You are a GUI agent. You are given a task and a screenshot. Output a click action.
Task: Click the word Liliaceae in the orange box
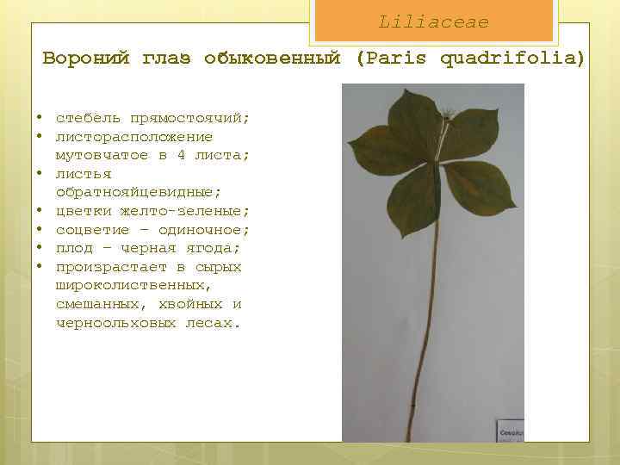[433, 22]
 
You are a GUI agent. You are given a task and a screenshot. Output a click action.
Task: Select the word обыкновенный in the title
[273, 59]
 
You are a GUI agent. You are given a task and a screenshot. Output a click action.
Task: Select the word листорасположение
[134, 137]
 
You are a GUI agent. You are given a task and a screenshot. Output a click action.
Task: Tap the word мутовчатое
[102, 155]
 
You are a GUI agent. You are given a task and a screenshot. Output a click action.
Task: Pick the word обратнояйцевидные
[139, 192]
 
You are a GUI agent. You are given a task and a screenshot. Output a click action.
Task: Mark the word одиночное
[205, 230]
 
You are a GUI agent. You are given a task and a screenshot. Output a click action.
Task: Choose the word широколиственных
[134, 285]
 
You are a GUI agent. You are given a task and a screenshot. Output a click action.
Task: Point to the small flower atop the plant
[449, 114]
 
